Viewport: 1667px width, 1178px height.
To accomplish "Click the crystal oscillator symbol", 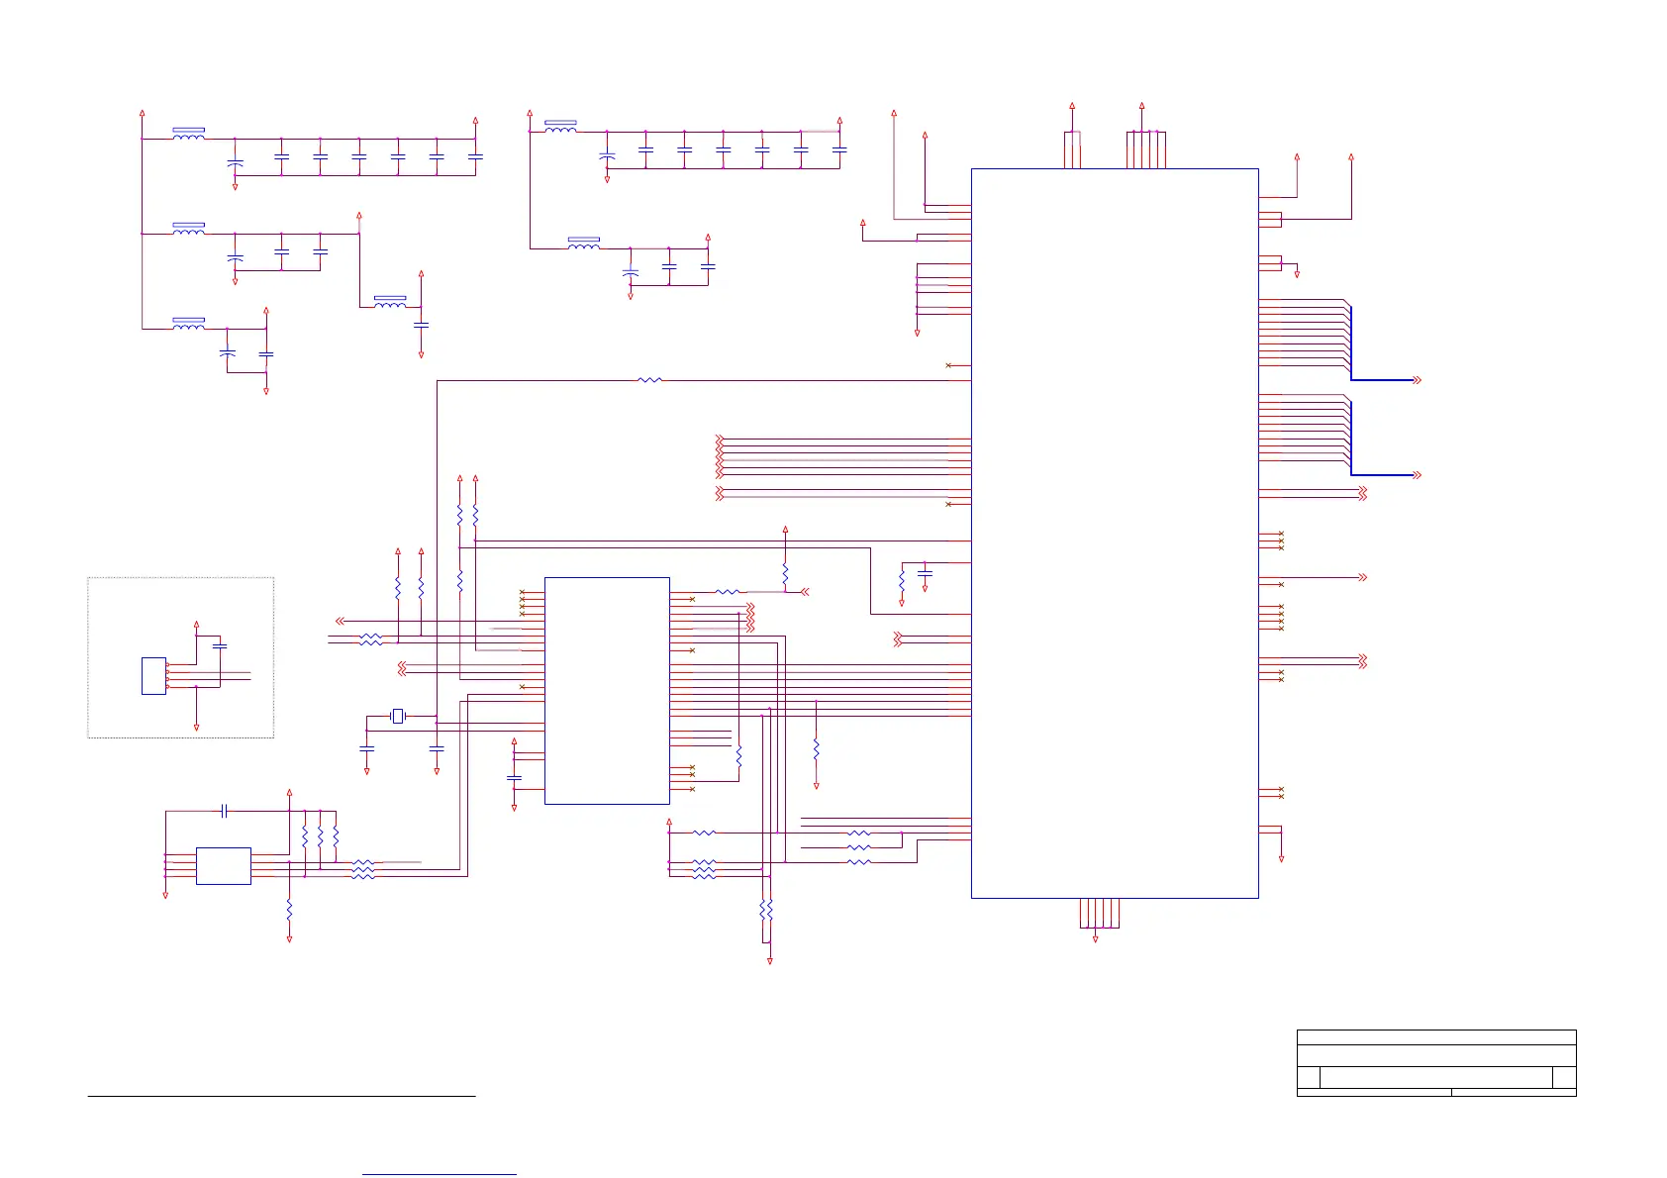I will coord(398,716).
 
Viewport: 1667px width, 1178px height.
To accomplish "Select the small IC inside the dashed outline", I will coord(153,675).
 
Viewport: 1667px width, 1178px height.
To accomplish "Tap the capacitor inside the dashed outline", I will coord(220,645).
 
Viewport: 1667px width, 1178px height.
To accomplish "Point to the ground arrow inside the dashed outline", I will coord(197,727).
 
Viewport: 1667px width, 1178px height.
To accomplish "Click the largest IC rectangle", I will coord(1115,533).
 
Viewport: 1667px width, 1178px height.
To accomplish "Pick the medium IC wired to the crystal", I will coord(607,690).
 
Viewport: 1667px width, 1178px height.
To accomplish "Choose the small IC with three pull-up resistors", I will coord(224,865).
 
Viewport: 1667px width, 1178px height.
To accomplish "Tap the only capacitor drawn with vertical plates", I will coord(225,811).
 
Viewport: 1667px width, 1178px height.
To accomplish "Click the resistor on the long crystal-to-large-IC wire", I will coord(649,380).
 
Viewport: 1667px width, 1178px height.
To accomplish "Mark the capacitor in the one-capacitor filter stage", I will coord(422,325).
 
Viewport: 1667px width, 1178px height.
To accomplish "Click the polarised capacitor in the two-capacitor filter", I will coord(228,352).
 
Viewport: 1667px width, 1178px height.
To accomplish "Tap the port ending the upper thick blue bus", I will coord(1417,380).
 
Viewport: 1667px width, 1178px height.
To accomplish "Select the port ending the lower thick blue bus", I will coord(1417,475).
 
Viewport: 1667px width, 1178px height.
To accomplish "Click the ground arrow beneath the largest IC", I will coord(1095,937).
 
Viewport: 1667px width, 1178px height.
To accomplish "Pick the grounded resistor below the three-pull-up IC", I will coord(289,909).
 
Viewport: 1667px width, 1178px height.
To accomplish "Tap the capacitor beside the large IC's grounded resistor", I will coord(926,573).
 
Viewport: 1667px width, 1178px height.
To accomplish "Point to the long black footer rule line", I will coord(282,1096).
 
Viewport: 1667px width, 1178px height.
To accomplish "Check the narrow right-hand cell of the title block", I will coord(1564,1078).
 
